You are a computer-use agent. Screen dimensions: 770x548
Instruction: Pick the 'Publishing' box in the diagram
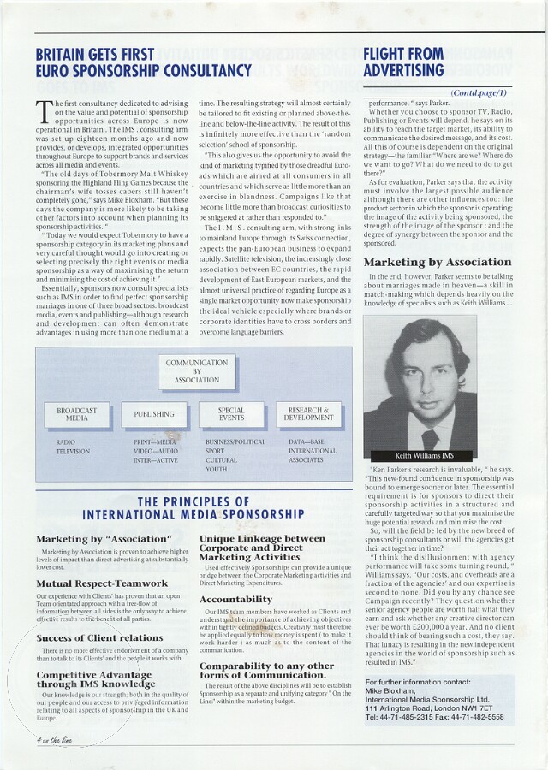154,414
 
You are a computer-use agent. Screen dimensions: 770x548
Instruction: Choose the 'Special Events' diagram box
231,414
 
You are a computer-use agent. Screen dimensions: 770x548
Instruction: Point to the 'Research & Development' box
308,414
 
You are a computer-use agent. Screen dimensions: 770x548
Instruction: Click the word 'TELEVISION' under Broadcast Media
73,451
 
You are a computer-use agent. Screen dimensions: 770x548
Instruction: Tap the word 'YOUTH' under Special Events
216,470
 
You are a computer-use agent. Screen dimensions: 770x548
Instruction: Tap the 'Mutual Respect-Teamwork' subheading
102,583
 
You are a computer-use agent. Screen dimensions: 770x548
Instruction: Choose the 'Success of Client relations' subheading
99,637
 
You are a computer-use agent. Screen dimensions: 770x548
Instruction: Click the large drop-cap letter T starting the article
44,112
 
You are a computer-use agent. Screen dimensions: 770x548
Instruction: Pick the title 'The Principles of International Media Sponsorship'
194,508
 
